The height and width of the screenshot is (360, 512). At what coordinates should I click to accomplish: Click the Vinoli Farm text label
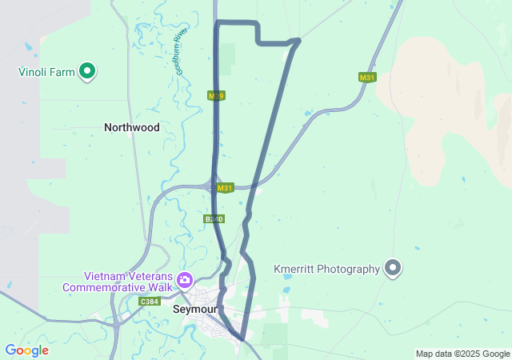pyautogui.click(x=46, y=72)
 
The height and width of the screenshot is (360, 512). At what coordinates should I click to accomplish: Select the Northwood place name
pyautogui.click(x=132, y=127)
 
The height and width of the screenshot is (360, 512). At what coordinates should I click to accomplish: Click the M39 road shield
pyautogui.click(x=216, y=96)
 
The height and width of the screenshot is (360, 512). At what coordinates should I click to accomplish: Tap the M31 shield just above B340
pyautogui.click(x=225, y=188)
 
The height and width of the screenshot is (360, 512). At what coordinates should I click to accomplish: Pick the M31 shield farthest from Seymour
pyautogui.click(x=367, y=78)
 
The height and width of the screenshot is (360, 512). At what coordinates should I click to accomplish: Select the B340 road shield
pyautogui.click(x=214, y=218)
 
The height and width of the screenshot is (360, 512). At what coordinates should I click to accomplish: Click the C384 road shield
pyautogui.click(x=149, y=302)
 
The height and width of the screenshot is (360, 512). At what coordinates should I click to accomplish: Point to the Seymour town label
pyautogui.click(x=195, y=309)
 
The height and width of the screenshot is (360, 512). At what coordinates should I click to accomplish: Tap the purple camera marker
pyautogui.click(x=186, y=280)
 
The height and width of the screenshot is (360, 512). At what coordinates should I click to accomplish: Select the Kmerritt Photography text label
pyautogui.click(x=326, y=269)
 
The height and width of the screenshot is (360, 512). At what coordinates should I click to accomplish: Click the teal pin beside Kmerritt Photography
pyautogui.click(x=393, y=268)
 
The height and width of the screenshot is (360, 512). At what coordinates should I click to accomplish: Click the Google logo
pyautogui.click(x=26, y=350)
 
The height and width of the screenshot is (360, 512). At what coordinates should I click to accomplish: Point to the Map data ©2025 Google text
pyautogui.click(x=462, y=354)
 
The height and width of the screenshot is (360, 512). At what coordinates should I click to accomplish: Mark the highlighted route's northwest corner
pyautogui.click(x=218, y=22)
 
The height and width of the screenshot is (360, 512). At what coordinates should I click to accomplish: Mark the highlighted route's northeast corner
pyautogui.click(x=298, y=40)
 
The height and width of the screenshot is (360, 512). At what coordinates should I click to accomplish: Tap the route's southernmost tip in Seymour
pyautogui.click(x=241, y=339)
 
